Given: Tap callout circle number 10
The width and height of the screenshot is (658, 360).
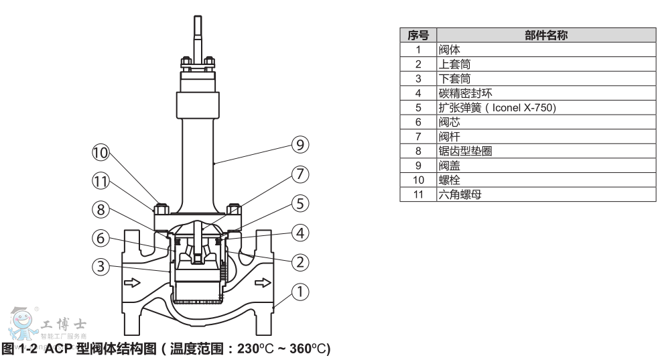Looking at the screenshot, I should click(101, 154).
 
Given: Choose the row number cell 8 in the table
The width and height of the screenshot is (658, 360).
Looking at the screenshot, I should click(417, 152).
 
